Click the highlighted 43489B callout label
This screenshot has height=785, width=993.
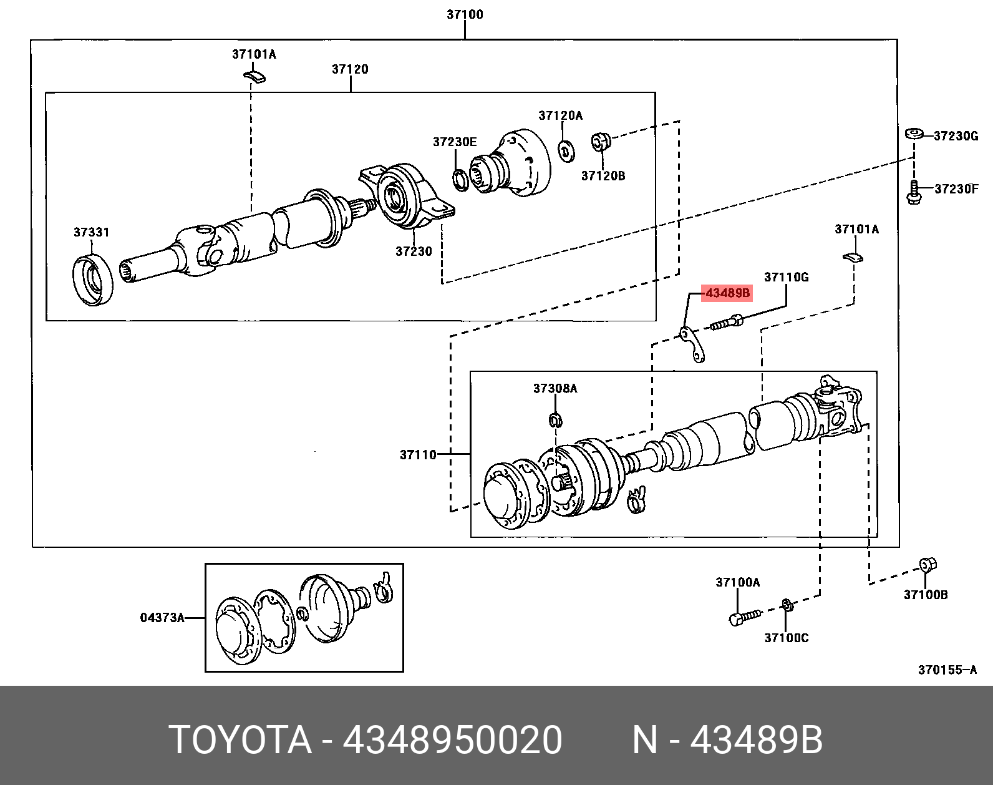click(727, 293)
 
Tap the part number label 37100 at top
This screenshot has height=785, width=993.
click(465, 14)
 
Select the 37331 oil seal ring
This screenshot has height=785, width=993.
click(94, 279)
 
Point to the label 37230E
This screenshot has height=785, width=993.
click(455, 142)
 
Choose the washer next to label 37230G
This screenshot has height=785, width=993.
click(914, 134)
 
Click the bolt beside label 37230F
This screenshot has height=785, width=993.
click(914, 192)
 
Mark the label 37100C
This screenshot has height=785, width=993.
click(786, 638)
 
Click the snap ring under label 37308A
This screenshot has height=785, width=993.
click(555, 420)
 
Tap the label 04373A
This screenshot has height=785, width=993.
click(162, 618)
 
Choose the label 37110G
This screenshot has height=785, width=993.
click(786, 277)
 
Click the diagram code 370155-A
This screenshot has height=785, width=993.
click(946, 670)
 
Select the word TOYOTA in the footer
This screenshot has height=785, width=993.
click(240, 741)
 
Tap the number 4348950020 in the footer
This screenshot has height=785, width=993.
click(453, 741)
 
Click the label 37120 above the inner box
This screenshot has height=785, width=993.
click(350, 69)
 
